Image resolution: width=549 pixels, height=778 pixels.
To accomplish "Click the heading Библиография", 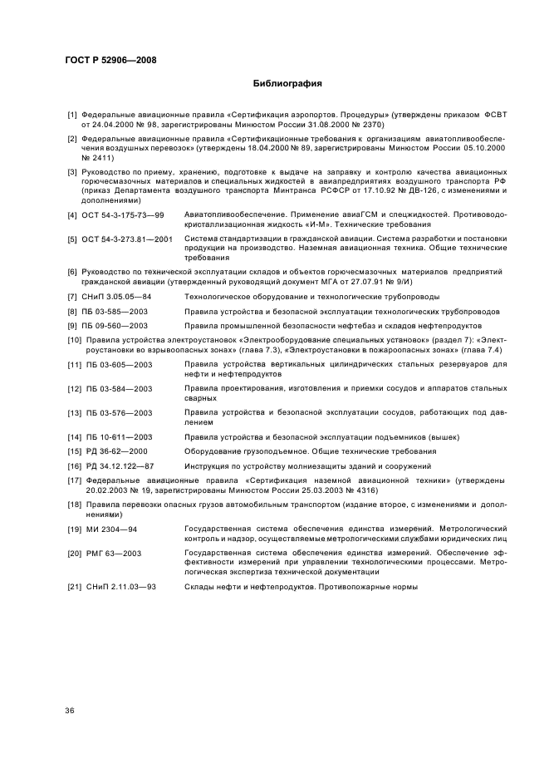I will point(287,84).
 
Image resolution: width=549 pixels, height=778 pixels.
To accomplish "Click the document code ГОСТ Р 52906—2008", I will point(110,60).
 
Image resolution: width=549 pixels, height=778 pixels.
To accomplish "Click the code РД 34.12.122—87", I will point(120,465).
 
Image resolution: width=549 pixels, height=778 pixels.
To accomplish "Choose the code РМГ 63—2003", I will point(115,552).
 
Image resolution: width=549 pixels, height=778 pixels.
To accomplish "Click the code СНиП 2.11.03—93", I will point(120,587).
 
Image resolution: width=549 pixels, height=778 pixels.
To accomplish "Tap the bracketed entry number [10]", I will point(75,340).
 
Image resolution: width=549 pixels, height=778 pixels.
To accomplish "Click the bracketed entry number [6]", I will point(73,272).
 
